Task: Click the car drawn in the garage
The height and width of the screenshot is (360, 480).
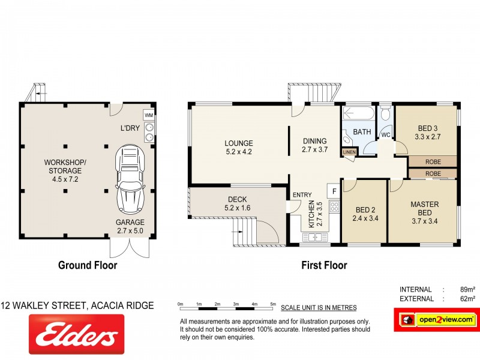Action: pos(130,179)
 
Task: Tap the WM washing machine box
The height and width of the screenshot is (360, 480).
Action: pos(148,115)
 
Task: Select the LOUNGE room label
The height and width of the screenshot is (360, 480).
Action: pos(239,148)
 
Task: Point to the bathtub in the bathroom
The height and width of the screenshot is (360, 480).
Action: pos(358,112)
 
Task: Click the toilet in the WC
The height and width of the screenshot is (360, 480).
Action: pos(385,113)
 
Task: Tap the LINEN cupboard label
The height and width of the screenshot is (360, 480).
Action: pos(349,152)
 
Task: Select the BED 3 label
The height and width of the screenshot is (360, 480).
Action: pos(428,132)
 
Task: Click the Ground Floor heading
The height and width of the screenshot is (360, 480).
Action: pos(87,265)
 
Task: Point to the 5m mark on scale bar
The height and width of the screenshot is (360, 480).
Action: pos(273,305)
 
